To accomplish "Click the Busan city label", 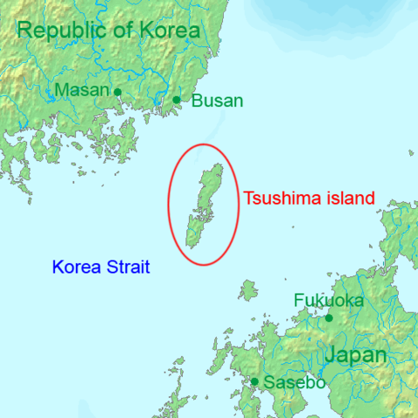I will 217,101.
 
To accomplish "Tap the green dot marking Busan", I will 176,99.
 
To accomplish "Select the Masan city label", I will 82,90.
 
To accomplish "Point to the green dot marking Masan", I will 118,91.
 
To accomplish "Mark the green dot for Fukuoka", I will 328,318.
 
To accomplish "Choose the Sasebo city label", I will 294,382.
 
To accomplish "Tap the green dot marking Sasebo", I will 254,381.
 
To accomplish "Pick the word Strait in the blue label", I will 128,267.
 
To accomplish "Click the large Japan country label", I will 354,355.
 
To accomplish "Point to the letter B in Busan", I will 196,101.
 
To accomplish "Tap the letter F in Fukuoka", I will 299,300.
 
